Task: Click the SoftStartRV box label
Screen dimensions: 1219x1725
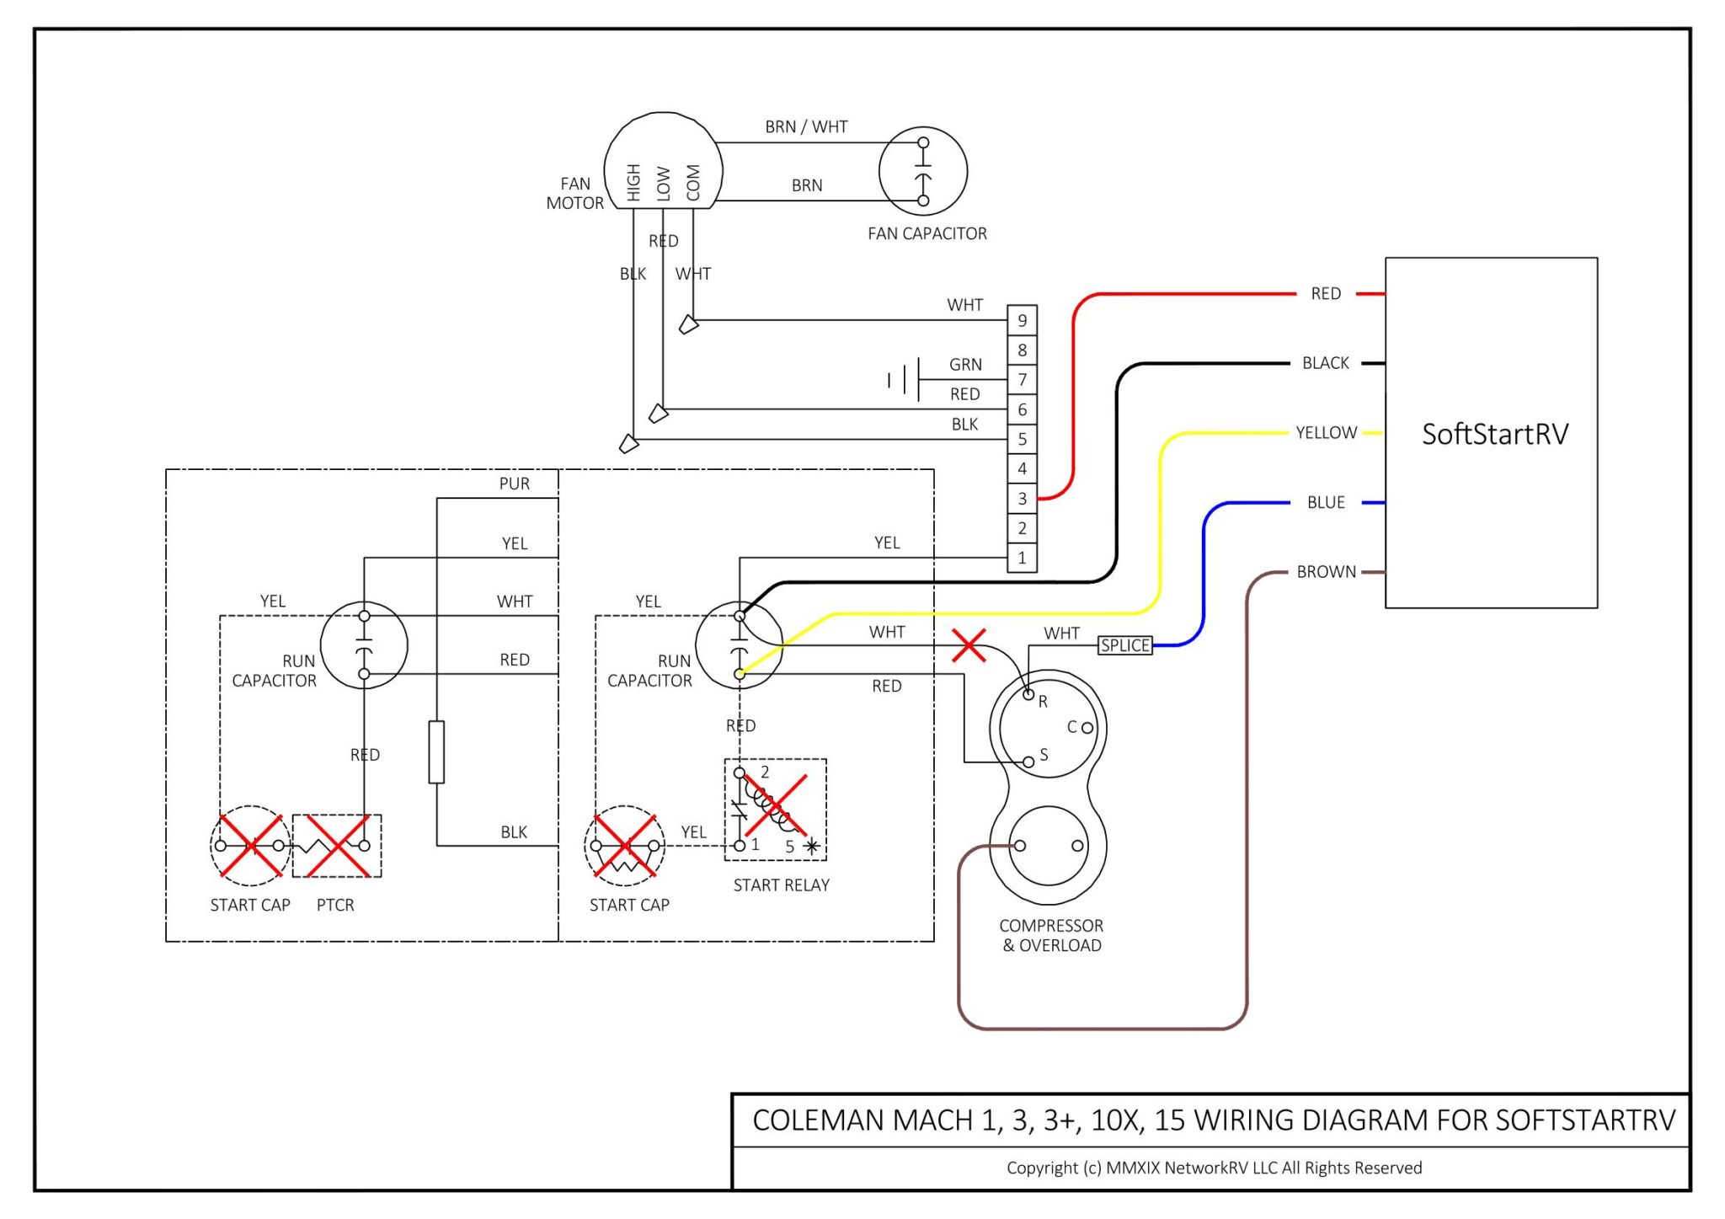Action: point(1494,434)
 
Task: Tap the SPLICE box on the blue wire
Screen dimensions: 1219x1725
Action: point(1124,645)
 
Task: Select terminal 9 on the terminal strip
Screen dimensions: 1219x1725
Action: point(1022,320)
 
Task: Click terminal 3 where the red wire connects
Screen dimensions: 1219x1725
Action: point(1022,498)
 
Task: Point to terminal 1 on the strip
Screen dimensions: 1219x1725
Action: point(1022,558)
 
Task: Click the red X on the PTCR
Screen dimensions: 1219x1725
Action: point(336,845)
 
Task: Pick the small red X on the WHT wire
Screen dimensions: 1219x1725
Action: point(969,645)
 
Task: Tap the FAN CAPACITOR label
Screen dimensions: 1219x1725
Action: point(927,233)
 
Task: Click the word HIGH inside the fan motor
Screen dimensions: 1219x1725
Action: point(633,182)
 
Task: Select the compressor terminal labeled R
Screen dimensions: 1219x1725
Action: point(1028,694)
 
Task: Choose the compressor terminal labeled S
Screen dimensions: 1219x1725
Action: point(1028,762)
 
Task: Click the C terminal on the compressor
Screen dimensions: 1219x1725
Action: point(1087,728)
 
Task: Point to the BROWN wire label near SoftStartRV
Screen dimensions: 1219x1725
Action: point(1326,572)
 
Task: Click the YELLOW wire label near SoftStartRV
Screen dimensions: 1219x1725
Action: point(1326,433)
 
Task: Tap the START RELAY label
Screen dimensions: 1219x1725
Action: point(781,885)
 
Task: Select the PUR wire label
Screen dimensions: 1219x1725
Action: point(514,484)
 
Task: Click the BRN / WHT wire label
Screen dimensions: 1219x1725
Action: point(806,126)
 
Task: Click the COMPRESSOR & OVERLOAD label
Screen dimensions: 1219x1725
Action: point(1051,935)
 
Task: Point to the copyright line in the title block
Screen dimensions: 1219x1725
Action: point(1214,1168)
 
